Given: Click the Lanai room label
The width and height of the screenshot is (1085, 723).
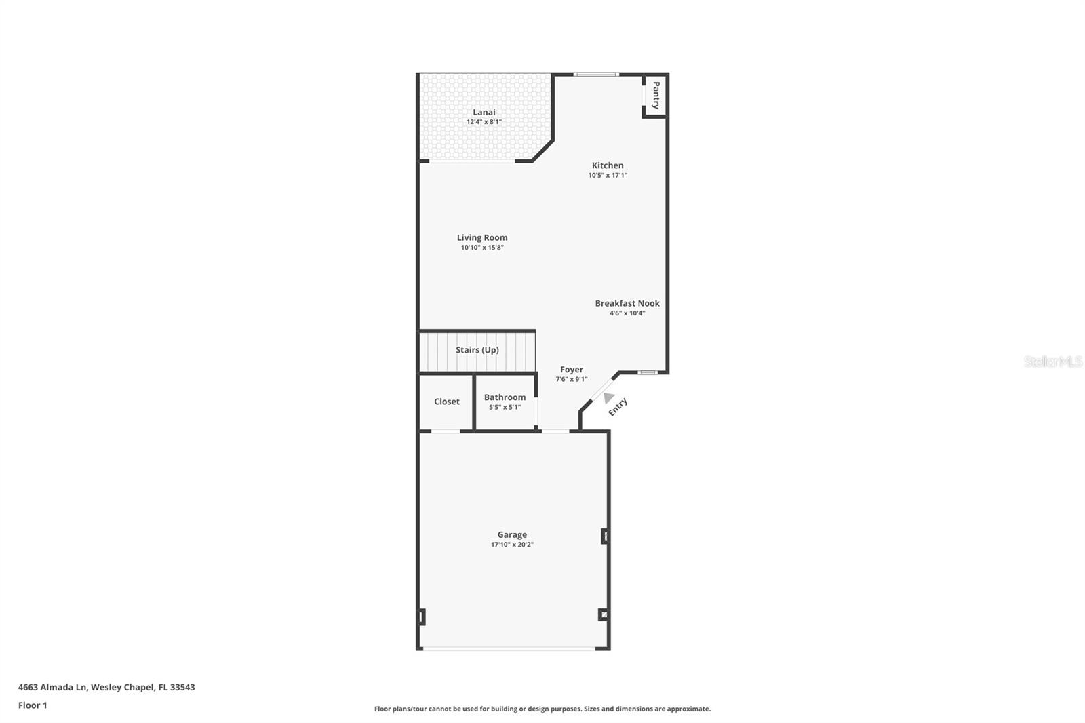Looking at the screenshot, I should pos(484,112).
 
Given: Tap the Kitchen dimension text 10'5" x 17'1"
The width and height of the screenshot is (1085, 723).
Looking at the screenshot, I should pos(608,175).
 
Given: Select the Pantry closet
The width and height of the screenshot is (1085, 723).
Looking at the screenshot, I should pos(656,95).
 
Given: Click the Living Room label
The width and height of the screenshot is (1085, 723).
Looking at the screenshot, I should pos(482,237).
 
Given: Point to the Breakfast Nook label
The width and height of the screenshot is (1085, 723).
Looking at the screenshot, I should pos(627,303).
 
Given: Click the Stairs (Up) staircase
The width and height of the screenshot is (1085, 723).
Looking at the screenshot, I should pos(477,351).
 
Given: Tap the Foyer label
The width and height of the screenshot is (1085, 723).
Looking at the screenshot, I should pos(572,370).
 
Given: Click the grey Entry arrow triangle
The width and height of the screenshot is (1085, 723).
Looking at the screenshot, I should pos(608,398).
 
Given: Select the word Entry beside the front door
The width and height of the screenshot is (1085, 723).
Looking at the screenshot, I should pos(618,407).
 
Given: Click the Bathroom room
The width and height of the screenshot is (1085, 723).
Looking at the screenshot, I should pos(505,402).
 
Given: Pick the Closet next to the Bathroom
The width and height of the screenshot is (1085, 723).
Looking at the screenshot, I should pos(447,402).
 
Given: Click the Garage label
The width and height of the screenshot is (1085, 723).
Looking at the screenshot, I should pos(512,534).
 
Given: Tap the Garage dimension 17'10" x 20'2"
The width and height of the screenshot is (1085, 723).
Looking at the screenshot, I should pos(512,545).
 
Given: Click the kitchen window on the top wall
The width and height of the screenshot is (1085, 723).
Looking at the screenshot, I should pos(596,74).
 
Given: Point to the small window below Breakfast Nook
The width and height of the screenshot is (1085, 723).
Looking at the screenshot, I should pos(648,372).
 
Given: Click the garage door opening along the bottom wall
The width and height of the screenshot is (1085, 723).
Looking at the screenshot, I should pos(509,649).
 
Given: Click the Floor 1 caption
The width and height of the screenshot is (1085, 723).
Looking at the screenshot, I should pos(33,705).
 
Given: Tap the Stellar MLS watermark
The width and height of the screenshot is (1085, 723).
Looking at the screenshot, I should pos(1052,361).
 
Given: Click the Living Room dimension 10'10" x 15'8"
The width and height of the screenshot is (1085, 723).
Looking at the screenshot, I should pos(482,248).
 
